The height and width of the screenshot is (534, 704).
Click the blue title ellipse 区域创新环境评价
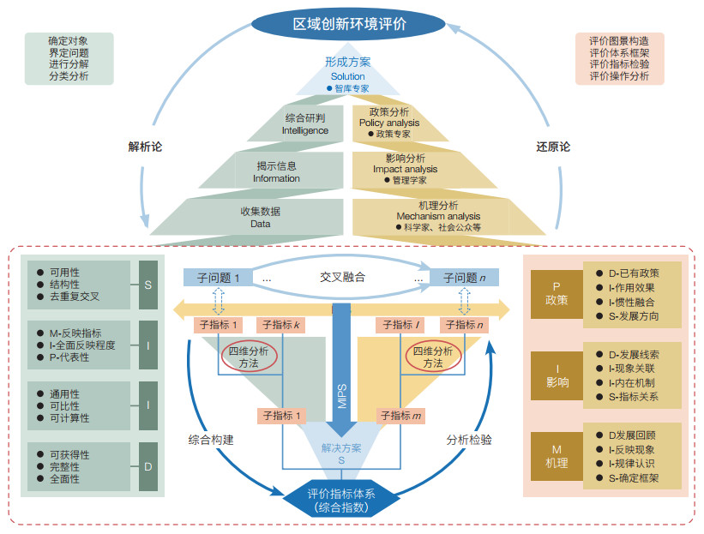tap(348, 24)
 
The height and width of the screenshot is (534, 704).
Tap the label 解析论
tap(145, 147)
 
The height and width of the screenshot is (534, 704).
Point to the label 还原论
tap(553, 147)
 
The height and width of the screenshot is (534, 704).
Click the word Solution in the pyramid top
tap(348, 76)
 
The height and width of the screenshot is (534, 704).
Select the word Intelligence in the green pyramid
tap(305, 130)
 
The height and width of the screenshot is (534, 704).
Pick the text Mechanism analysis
tap(438, 216)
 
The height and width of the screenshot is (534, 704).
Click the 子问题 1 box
tap(218, 278)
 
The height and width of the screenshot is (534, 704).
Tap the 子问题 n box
tap(464, 278)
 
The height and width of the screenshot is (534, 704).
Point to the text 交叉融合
tap(342, 278)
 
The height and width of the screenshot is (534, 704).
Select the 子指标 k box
tap(281, 325)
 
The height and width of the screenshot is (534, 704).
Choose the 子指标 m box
tap(400, 416)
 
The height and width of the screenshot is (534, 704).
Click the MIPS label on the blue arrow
tap(342, 396)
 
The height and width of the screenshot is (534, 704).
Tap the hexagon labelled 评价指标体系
tap(341, 501)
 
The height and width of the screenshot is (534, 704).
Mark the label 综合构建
tap(211, 440)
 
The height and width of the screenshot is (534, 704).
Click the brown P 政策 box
tap(557, 294)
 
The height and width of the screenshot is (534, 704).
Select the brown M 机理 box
tap(557, 456)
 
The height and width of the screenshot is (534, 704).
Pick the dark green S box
tap(148, 285)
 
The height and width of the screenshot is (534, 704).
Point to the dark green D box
tap(148, 466)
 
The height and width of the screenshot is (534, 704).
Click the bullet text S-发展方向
tap(634, 316)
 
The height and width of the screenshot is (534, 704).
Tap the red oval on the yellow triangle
tap(433, 357)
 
